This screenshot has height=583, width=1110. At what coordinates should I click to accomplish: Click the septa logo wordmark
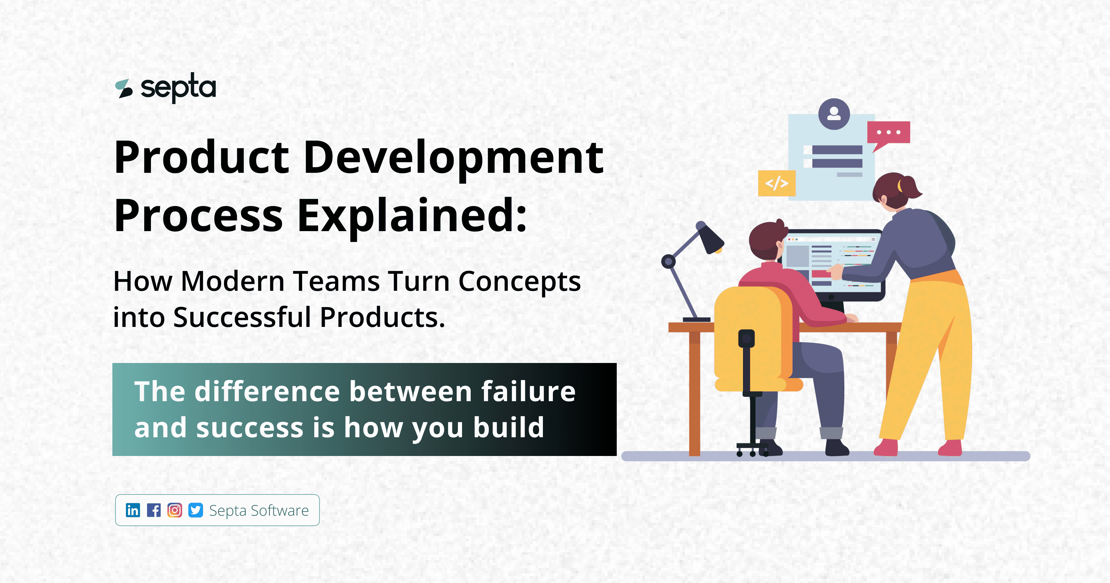pyautogui.click(x=178, y=87)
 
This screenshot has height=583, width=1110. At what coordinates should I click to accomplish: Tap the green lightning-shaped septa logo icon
pyautogui.click(x=124, y=88)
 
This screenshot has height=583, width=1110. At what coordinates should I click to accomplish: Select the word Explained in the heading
pyautogui.click(x=411, y=216)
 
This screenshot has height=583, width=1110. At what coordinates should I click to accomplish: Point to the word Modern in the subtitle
pyautogui.click(x=233, y=281)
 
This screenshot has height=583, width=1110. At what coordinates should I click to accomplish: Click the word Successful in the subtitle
pyautogui.click(x=242, y=318)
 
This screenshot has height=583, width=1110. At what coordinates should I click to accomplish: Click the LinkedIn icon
pyautogui.click(x=133, y=510)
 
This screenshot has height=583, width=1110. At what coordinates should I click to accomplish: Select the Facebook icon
pyautogui.click(x=154, y=510)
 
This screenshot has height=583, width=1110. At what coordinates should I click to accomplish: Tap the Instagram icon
pyautogui.click(x=174, y=510)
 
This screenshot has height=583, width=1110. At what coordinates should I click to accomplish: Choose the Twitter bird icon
pyautogui.click(x=196, y=510)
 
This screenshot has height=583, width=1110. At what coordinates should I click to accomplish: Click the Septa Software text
pyautogui.click(x=259, y=510)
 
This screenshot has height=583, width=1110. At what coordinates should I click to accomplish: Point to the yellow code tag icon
pyautogui.click(x=777, y=183)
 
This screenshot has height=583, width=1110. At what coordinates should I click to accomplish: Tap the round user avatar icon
pyautogui.click(x=834, y=114)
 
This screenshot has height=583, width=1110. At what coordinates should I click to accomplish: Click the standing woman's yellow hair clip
pyautogui.click(x=900, y=186)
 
